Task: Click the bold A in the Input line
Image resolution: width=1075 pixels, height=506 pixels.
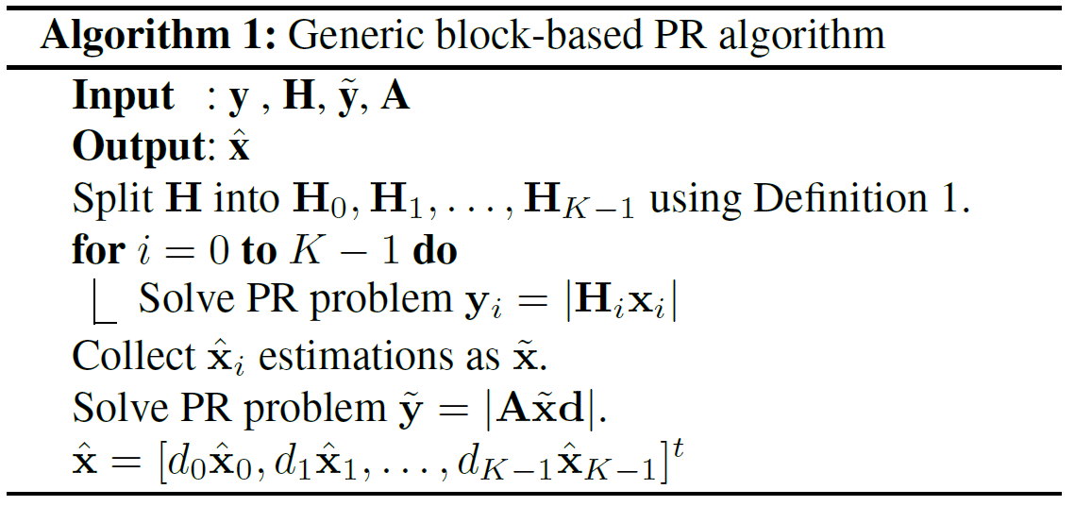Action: coord(395,96)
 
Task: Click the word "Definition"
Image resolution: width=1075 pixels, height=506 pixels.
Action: coord(827,199)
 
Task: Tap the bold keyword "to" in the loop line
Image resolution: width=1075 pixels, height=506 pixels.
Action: coord(257,252)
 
